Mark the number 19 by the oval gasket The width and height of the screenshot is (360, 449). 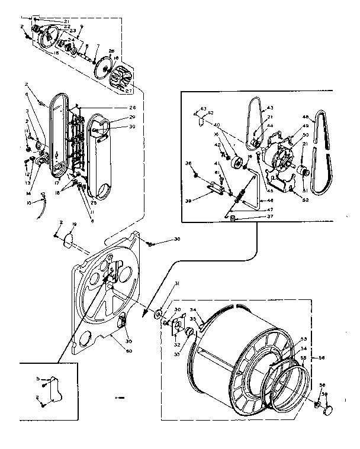point(74,225)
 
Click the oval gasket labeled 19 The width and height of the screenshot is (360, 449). point(69,240)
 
